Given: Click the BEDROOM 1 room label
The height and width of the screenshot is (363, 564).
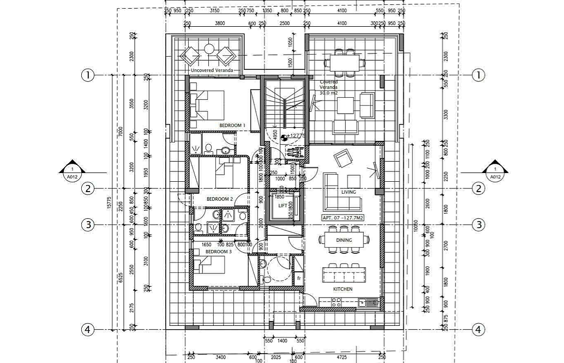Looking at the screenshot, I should tap(232, 126).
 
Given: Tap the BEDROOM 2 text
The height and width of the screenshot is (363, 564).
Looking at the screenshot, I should tap(220, 199).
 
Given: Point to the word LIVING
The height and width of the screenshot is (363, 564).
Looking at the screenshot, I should tap(349, 193).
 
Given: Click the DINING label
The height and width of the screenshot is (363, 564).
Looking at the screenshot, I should tap(344, 240).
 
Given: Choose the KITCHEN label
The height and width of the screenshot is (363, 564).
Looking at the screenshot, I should tap(343, 289).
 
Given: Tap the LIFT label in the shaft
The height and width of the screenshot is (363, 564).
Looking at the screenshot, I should tap(283, 206).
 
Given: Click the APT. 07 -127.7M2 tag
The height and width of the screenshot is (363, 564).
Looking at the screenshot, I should tap(343, 218).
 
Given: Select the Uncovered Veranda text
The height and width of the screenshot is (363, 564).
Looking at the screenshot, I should tap(212, 70).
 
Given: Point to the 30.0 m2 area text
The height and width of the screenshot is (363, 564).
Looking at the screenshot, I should tap(328, 93).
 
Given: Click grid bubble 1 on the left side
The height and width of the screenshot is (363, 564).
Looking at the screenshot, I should tap(88, 75).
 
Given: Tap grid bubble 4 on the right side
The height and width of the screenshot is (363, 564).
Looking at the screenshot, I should tap(478, 329).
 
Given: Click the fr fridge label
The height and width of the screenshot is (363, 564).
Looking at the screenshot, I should tap(299, 278).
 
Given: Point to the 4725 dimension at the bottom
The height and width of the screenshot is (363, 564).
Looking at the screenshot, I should tap(342, 358).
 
